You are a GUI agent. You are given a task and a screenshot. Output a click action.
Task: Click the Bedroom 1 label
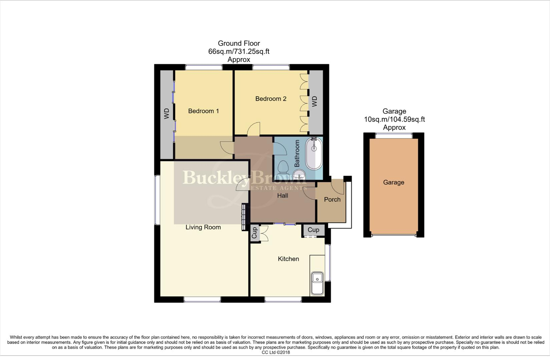[x=203, y=111]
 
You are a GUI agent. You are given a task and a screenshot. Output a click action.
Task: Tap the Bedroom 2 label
[x=270, y=99]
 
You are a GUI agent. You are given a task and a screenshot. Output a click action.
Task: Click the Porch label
[x=332, y=199]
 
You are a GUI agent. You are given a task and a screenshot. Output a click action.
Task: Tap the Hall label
[x=283, y=196]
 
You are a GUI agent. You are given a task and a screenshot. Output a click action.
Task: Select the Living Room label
[x=203, y=227]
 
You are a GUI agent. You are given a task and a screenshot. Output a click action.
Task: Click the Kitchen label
[x=288, y=259]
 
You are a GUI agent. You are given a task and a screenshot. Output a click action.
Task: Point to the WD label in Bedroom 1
[x=167, y=114]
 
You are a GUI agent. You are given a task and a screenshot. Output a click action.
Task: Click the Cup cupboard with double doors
[x=255, y=233]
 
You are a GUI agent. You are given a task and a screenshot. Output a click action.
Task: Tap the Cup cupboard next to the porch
[x=313, y=230]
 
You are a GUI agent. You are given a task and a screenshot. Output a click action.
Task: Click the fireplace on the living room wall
[x=243, y=217]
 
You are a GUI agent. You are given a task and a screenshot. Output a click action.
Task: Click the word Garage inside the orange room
[x=394, y=182]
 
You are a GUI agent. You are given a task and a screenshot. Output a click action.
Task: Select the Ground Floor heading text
[x=238, y=43]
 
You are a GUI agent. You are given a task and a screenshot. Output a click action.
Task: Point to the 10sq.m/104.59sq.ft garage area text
[x=394, y=119]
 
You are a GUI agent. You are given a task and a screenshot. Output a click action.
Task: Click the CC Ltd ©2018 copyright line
[x=276, y=352]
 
